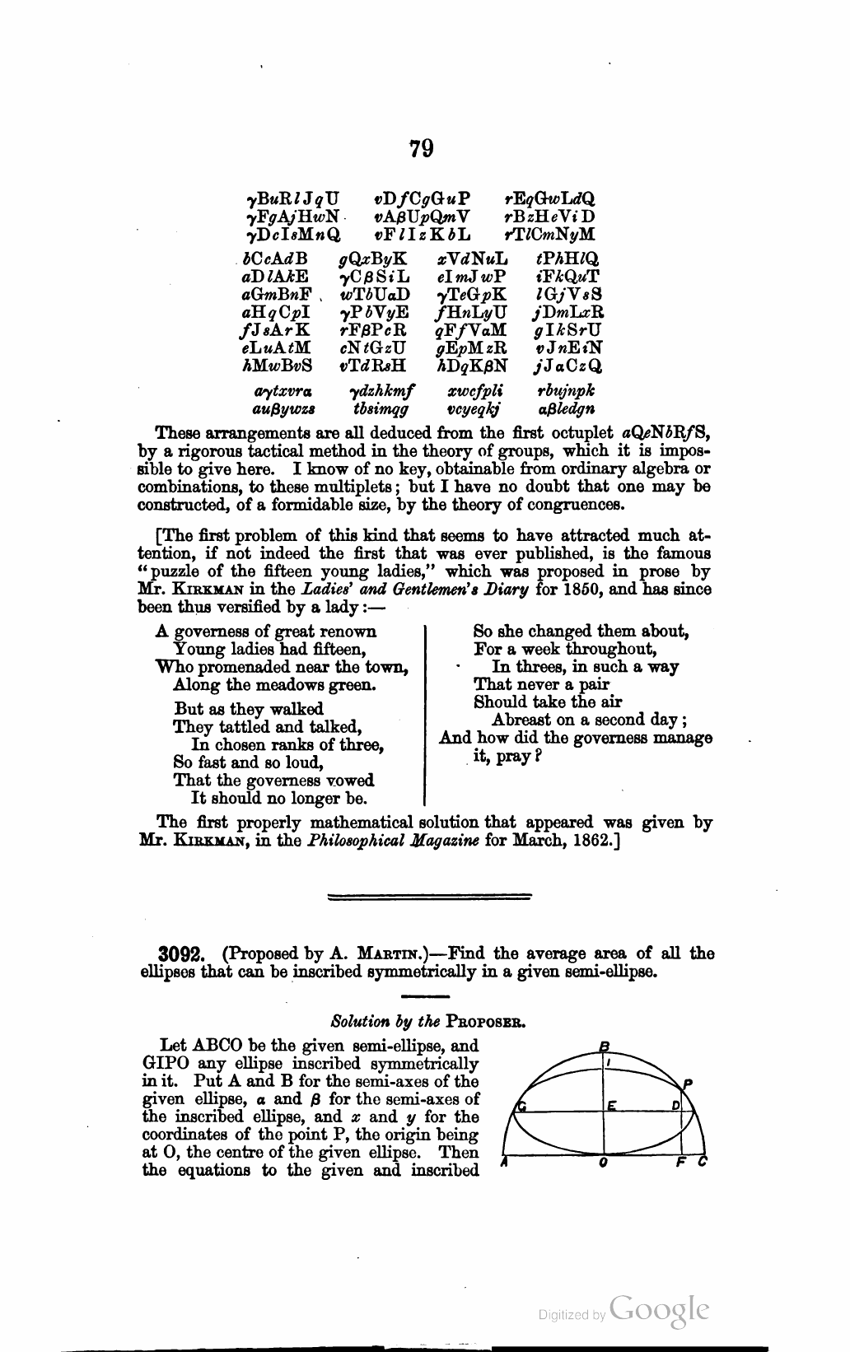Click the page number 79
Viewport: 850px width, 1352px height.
click(420, 149)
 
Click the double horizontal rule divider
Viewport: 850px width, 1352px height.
click(429, 897)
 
